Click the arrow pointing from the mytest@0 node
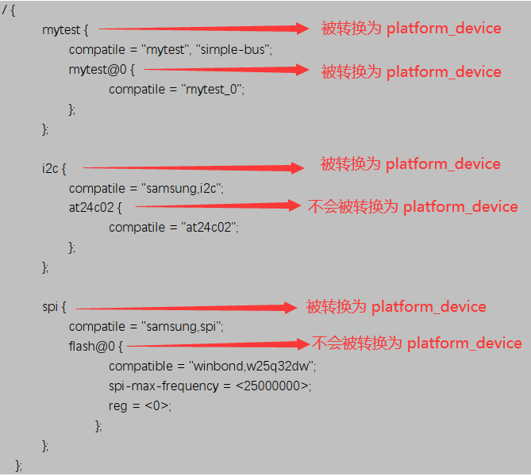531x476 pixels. tap(226, 70)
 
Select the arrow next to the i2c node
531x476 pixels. tap(194, 167)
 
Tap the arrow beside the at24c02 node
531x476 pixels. tap(218, 205)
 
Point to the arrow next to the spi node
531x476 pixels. tap(187, 308)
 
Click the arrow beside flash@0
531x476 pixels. tap(218, 344)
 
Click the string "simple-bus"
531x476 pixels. tap(233, 50)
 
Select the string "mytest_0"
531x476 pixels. tap(211, 90)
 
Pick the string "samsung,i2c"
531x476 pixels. tap(181, 189)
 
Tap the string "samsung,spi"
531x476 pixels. tap(181, 327)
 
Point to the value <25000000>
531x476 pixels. tap(272, 386)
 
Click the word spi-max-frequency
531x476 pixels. tap(164, 386)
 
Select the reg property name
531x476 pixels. tap(117, 406)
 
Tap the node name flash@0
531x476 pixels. tap(92, 347)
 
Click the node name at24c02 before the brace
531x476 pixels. tap(91, 208)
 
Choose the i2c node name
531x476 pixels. tap(50, 168)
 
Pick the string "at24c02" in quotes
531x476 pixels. tap(208, 228)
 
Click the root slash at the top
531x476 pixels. tap(5, 10)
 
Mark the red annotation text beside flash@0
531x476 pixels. tap(417, 343)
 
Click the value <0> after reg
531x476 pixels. tap(156, 405)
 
